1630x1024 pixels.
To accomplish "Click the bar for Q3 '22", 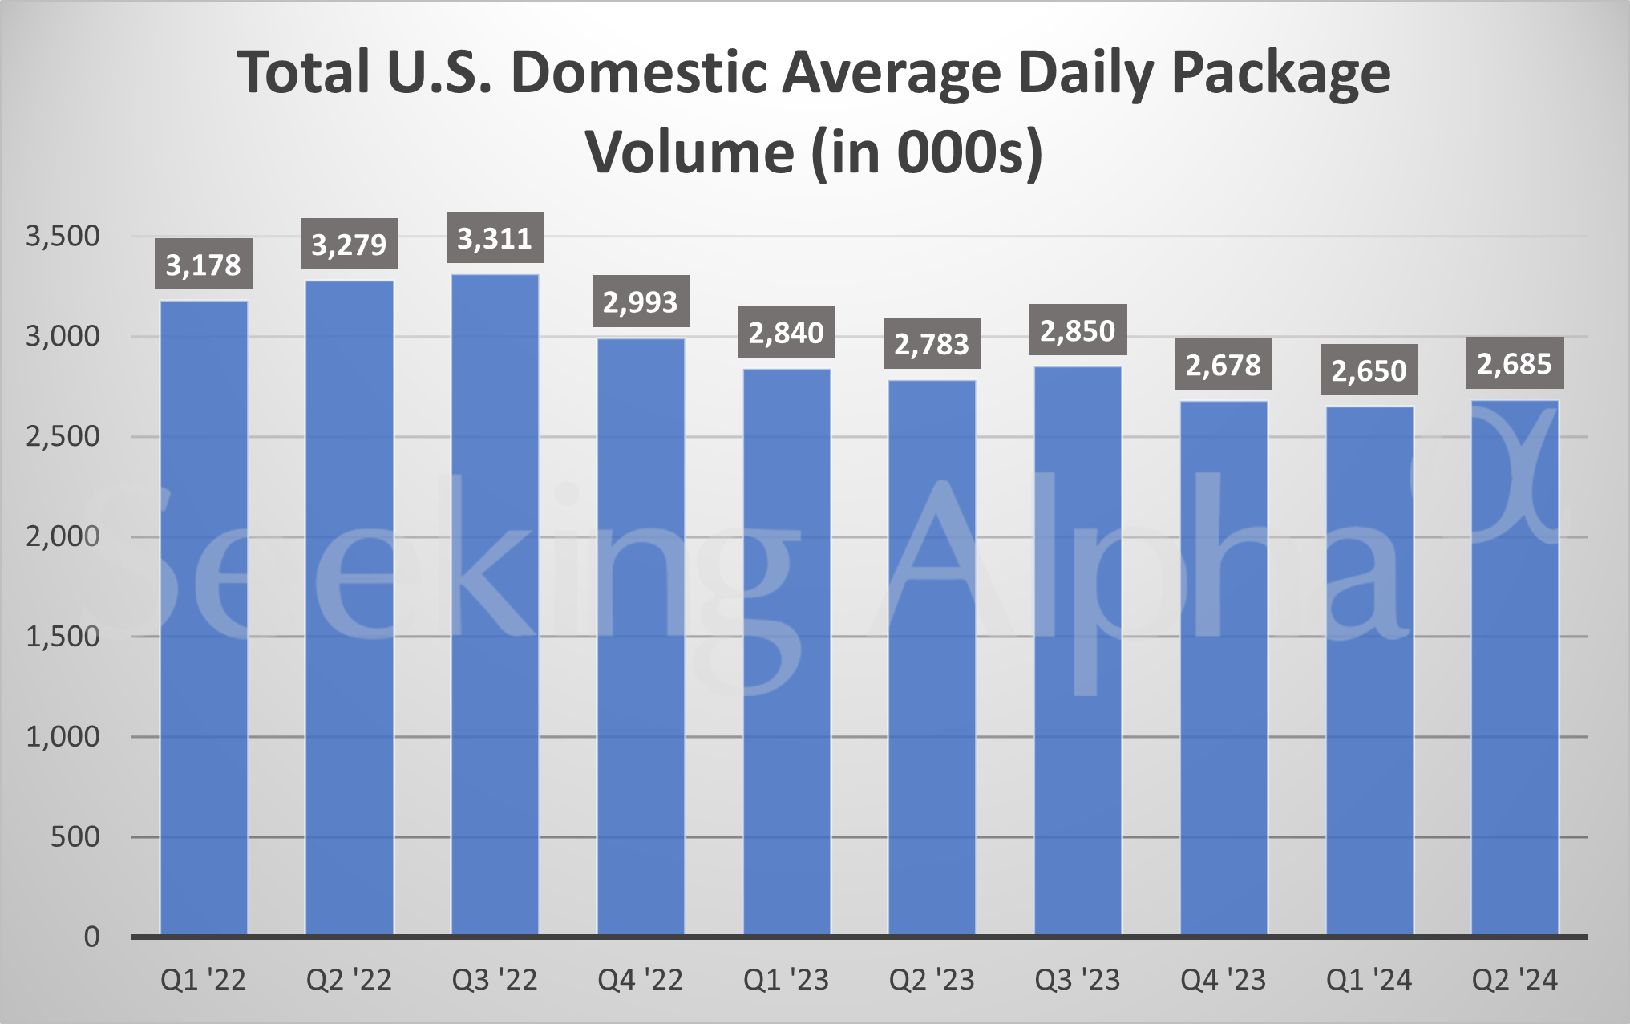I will coord(495,605).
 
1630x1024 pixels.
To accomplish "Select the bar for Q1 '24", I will coord(1369,671).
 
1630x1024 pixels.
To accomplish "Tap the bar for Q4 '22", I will coord(641,637).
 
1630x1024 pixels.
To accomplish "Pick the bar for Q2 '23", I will coord(932,658).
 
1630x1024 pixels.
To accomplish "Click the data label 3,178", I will coord(204,265).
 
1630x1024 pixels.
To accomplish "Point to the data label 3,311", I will coord(495,238).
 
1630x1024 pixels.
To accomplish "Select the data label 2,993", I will coord(641,302).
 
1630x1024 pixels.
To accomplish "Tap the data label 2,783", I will coord(932,344).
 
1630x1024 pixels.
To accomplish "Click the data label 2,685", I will coord(1515,363).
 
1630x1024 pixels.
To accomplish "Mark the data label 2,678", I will coord(1224,366).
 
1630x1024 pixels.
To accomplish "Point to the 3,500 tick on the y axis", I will coord(63,237).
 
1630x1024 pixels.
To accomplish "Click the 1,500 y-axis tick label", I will coord(63,637).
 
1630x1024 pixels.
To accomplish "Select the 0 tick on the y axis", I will coord(91,937).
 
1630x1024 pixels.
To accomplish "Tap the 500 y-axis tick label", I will coord(75,837).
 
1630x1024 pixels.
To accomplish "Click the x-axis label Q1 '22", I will coord(204,980).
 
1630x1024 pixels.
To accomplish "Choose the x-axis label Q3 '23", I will coord(1078,980).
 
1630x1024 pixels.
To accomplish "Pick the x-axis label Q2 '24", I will coord(1515,980).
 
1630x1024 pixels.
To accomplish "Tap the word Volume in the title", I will coord(690,152).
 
